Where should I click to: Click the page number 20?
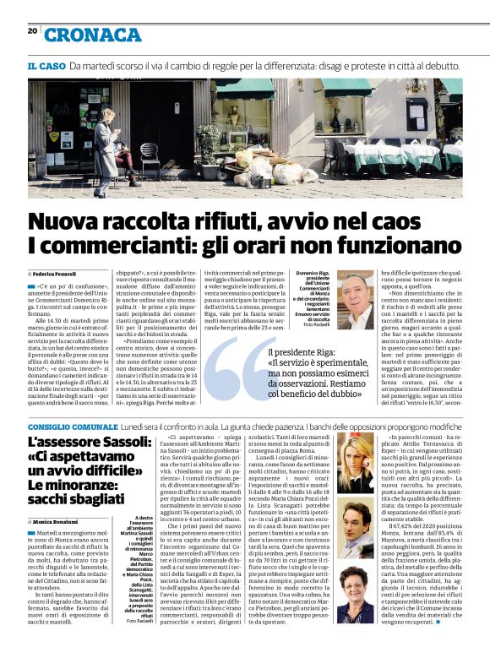pos(32,31)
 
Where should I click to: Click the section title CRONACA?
pos(93,35)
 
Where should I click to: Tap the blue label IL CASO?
pos(46,66)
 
